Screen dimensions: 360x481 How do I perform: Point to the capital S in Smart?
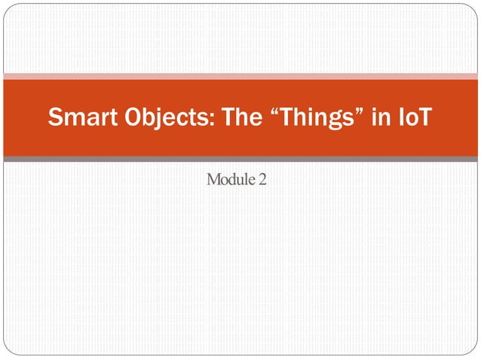click(x=55, y=118)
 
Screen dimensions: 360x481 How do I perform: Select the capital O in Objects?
click(x=129, y=118)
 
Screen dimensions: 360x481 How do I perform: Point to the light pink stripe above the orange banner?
click(x=240, y=75)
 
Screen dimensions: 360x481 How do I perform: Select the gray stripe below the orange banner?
click(x=240, y=160)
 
